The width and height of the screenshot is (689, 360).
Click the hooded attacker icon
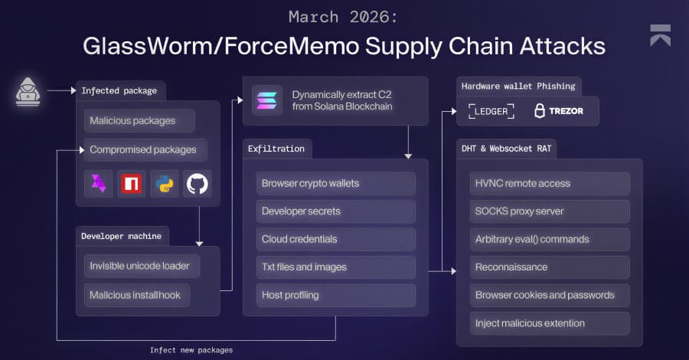[x=28, y=91]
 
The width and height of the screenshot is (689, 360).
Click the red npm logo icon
[x=132, y=184]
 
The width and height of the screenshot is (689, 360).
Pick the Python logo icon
[x=165, y=184]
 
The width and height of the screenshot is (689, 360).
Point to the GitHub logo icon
[x=198, y=184]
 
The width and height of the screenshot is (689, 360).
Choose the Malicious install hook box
[x=137, y=295]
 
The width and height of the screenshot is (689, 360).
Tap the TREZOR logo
[x=558, y=111]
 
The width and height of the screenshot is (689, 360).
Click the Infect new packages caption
[x=191, y=350]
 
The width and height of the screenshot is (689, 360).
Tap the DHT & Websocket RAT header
[x=506, y=149]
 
